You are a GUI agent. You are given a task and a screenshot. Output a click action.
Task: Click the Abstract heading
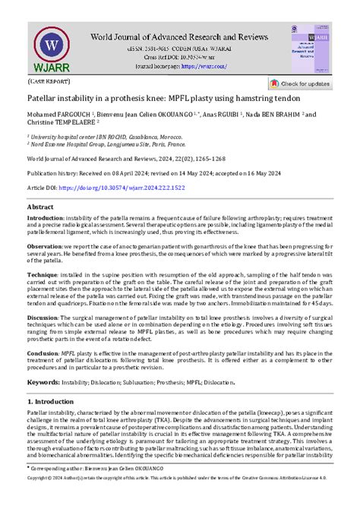[40, 207]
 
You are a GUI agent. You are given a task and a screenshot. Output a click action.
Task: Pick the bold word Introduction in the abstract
[48, 218]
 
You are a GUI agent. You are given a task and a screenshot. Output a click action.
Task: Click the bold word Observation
[48, 247]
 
